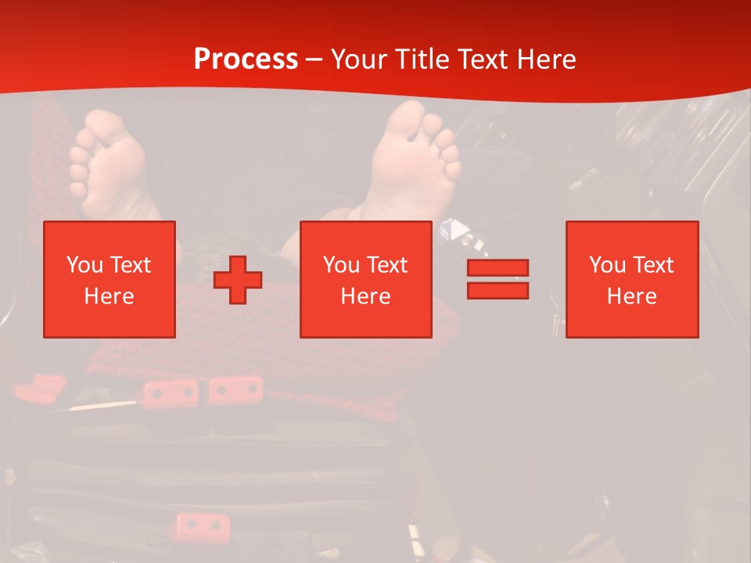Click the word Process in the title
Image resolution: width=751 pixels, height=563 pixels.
(246, 59)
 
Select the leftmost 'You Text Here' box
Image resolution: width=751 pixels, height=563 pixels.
(110, 279)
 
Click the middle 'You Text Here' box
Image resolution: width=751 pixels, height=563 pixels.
(366, 279)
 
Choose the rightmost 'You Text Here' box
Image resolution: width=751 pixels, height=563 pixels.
(632, 279)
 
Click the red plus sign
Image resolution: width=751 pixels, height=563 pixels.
(238, 280)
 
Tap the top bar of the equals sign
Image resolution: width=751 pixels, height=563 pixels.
(498, 267)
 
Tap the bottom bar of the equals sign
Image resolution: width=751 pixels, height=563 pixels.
(498, 290)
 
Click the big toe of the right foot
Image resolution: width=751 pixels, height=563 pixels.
(406, 117)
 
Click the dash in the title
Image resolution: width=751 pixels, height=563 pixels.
(314, 59)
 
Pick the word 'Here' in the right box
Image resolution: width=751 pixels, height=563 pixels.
(632, 296)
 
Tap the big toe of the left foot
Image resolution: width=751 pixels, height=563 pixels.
(104, 124)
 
